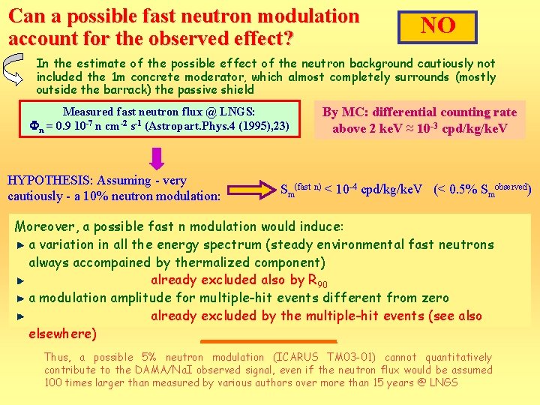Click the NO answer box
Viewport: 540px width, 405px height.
tap(438, 26)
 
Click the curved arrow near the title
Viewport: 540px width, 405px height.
tap(17, 69)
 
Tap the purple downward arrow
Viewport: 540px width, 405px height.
tap(157, 158)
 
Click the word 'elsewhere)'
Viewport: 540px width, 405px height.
tap(63, 333)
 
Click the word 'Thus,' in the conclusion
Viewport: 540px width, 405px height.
tap(57, 357)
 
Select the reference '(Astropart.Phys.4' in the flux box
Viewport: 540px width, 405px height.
tap(184, 126)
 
